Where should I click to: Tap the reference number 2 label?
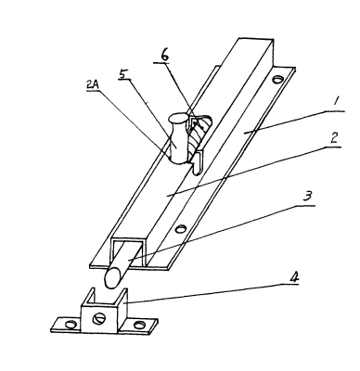[333, 139]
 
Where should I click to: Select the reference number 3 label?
[307, 197]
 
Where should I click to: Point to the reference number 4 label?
[294, 277]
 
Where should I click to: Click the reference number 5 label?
[123, 75]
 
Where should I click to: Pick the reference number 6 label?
[164, 56]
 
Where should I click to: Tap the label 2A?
[93, 85]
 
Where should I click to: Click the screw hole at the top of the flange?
[277, 80]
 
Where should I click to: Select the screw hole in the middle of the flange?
[180, 229]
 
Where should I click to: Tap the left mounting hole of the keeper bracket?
[71, 325]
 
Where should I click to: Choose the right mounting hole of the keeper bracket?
[140, 325]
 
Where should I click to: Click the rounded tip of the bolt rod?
[111, 278]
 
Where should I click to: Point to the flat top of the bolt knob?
[178, 118]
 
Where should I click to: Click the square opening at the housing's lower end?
[128, 253]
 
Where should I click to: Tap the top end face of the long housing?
[255, 43]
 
